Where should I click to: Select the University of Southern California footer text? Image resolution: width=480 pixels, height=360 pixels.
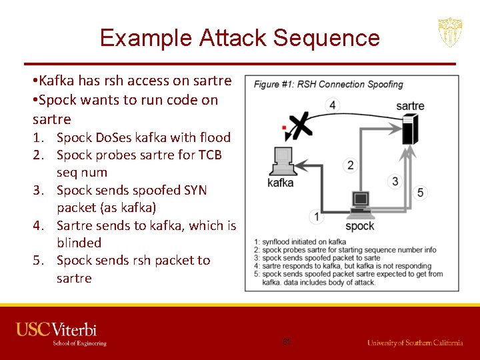[415, 342]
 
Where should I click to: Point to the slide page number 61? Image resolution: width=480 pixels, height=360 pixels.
[287, 341]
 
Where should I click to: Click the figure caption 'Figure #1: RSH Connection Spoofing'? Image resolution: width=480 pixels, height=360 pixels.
[328, 85]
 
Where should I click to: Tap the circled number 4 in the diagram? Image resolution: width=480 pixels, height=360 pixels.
[332, 105]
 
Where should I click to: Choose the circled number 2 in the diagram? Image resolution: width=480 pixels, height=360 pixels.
[351, 165]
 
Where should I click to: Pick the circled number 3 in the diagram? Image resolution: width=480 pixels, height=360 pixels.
[395, 181]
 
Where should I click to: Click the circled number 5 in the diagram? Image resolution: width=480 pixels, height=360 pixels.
[420, 193]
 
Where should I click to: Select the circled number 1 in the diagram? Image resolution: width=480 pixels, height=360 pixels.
[316, 216]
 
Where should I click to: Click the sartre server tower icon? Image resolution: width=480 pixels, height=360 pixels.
[409, 129]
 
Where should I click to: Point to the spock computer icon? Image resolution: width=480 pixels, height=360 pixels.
[360, 203]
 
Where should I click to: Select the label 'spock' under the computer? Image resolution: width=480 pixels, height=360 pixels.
[360, 225]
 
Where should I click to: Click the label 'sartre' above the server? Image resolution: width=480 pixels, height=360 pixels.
[409, 106]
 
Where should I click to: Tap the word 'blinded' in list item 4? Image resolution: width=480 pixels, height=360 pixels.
[79, 243]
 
